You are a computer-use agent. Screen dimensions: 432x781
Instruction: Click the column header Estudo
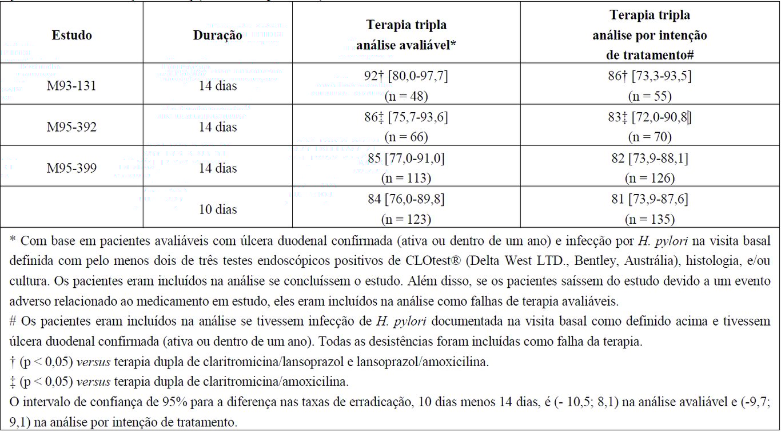[x=71, y=35]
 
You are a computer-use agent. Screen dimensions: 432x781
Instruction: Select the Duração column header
[x=217, y=35]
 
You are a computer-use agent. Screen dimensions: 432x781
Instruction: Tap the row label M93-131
[x=71, y=86]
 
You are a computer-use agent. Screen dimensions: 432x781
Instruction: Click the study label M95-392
[x=71, y=127]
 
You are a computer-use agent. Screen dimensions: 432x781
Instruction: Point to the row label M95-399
[x=71, y=168]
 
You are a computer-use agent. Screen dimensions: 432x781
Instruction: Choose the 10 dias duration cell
[x=217, y=209]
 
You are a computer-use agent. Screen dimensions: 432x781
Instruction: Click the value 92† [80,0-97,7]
[x=406, y=76]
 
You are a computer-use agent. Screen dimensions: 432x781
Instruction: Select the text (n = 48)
[x=406, y=96]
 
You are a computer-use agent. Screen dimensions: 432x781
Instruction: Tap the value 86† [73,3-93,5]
[x=649, y=76]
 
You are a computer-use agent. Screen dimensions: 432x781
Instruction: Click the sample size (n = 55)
[x=649, y=96]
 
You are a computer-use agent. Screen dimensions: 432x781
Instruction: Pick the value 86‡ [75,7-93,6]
[x=406, y=117]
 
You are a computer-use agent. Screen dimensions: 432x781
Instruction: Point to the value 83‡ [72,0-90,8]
[x=649, y=117]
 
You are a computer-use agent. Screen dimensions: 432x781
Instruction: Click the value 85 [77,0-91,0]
[x=406, y=158]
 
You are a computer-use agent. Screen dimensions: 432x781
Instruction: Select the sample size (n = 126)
[x=649, y=178]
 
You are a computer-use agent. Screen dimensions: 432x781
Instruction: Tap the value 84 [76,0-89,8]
[x=406, y=199]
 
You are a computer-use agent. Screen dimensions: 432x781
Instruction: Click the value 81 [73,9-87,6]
[x=649, y=199]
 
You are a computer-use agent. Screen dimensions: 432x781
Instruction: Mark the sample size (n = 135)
[x=649, y=219]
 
